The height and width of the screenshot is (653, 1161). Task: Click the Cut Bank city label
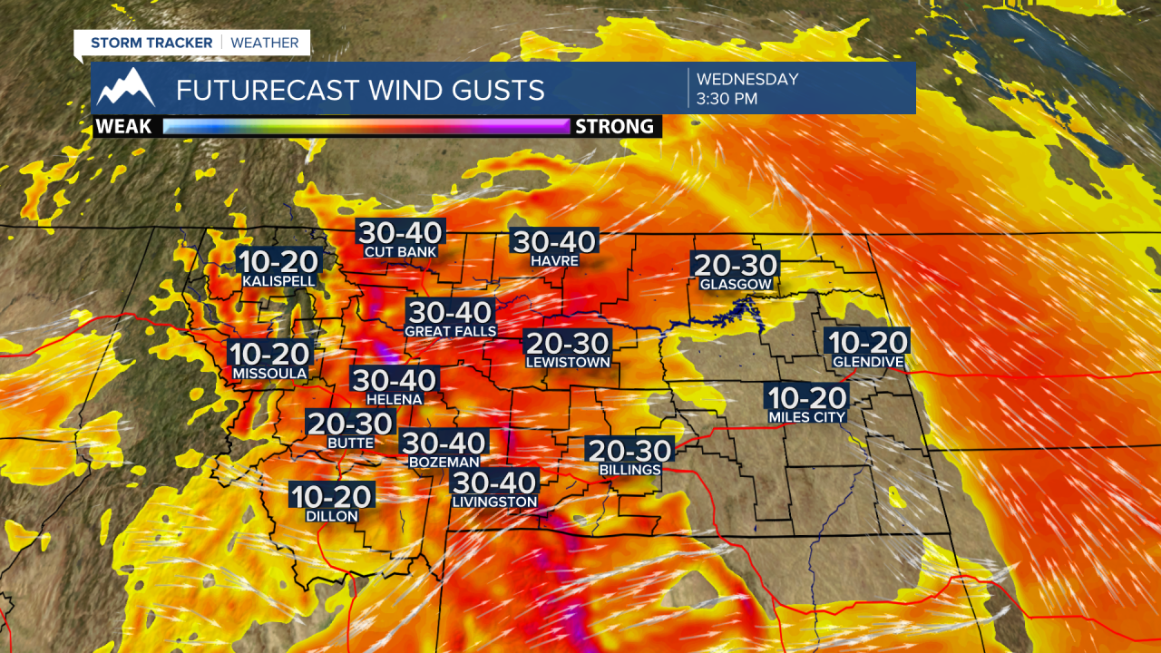(x=400, y=252)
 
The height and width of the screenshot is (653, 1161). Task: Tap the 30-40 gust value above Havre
(x=555, y=241)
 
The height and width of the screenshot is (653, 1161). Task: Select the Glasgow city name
(x=736, y=285)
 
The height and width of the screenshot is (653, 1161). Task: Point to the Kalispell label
(x=278, y=282)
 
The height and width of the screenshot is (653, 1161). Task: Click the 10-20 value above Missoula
(x=270, y=354)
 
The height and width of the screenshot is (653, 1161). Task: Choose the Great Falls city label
(x=451, y=332)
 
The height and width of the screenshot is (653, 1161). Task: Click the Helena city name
(x=395, y=399)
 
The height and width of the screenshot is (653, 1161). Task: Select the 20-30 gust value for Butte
(x=350, y=424)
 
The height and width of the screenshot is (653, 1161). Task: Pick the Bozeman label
(x=444, y=463)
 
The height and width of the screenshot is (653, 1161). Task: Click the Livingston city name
(x=495, y=502)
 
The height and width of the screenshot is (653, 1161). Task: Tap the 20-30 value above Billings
(x=629, y=451)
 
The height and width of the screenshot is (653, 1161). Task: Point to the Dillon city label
(x=332, y=516)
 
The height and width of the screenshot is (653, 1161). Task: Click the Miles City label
(x=807, y=417)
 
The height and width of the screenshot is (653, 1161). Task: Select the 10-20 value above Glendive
(x=868, y=342)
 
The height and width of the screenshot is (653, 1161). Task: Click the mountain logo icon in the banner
(x=127, y=87)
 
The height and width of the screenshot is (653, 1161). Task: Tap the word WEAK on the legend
(x=123, y=126)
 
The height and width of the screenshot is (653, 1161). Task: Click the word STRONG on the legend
(x=615, y=126)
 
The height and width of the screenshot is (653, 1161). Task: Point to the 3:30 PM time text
(x=727, y=99)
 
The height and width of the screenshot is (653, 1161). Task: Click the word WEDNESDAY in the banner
(x=747, y=79)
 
